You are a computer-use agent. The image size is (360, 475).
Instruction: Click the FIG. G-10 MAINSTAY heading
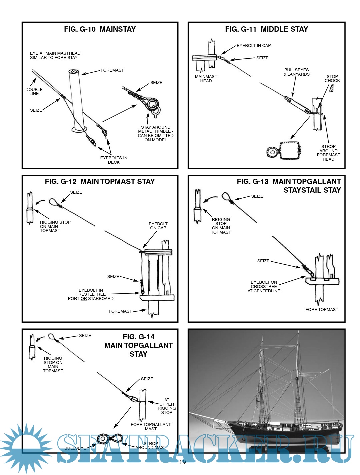pos(100,29)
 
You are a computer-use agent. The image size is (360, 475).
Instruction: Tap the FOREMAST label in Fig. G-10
pos(112,70)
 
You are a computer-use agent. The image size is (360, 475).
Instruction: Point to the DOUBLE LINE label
pos(34,92)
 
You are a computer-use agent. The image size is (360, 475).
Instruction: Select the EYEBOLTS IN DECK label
pos(114,160)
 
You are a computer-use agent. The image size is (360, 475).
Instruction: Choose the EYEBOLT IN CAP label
pos(254,46)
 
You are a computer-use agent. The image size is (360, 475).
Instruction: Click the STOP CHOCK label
pos(332,79)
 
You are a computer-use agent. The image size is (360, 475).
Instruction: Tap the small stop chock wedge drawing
pos(331,88)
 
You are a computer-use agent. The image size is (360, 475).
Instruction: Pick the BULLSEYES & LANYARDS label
pos(296,72)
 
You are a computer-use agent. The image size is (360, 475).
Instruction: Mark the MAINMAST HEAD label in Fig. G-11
pos(206,79)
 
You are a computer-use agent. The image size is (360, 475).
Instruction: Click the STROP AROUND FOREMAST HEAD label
pos(328,153)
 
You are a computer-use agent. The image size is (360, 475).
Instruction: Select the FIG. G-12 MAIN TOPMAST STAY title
pos(100,182)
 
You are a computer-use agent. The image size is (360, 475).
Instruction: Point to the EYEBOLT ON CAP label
pos(158,226)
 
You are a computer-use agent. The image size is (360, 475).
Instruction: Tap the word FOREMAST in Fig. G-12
pos(120,311)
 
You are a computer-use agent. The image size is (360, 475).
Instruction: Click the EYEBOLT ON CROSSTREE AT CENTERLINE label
pos(264,287)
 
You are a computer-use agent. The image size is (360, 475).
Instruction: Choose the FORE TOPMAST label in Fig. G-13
pos(322,310)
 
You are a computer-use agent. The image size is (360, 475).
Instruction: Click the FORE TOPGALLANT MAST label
pos(151,427)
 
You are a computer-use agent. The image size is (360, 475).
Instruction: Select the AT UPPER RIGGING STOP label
pos(167,406)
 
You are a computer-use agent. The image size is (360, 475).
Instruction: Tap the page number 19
pos(183,462)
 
